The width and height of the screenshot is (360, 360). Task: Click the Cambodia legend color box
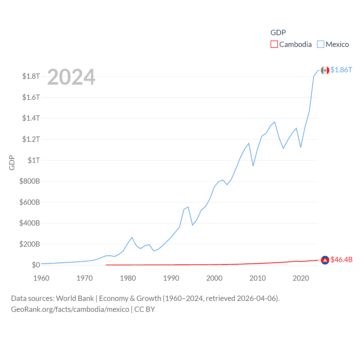click(274, 44)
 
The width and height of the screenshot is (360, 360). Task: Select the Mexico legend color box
click(321, 44)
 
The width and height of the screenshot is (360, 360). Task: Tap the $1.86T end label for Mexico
click(341, 70)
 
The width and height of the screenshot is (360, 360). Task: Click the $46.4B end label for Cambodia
click(341, 260)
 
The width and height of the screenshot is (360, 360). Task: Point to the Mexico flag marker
click(325, 70)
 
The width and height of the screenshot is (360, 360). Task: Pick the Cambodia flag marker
click(325, 260)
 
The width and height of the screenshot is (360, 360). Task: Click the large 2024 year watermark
click(71, 77)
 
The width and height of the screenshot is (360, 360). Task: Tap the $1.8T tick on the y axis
click(31, 76)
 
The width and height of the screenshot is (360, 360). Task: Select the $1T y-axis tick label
click(34, 160)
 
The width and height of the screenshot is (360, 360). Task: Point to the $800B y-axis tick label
click(30, 181)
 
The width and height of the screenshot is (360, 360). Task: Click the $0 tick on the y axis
click(36, 265)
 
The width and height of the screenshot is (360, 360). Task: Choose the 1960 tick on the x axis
click(41, 278)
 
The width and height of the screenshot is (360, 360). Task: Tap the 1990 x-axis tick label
click(171, 278)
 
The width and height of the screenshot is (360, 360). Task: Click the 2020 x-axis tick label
click(301, 278)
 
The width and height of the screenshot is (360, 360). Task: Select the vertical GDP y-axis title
click(12, 163)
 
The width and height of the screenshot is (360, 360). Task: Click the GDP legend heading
click(278, 33)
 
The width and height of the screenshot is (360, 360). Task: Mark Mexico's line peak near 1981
click(132, 237)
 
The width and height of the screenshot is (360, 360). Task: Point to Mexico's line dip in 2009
click(253, 166)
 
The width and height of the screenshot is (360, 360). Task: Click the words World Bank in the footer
click(75, 298)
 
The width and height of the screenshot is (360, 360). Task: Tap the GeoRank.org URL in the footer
click(70, 309)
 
